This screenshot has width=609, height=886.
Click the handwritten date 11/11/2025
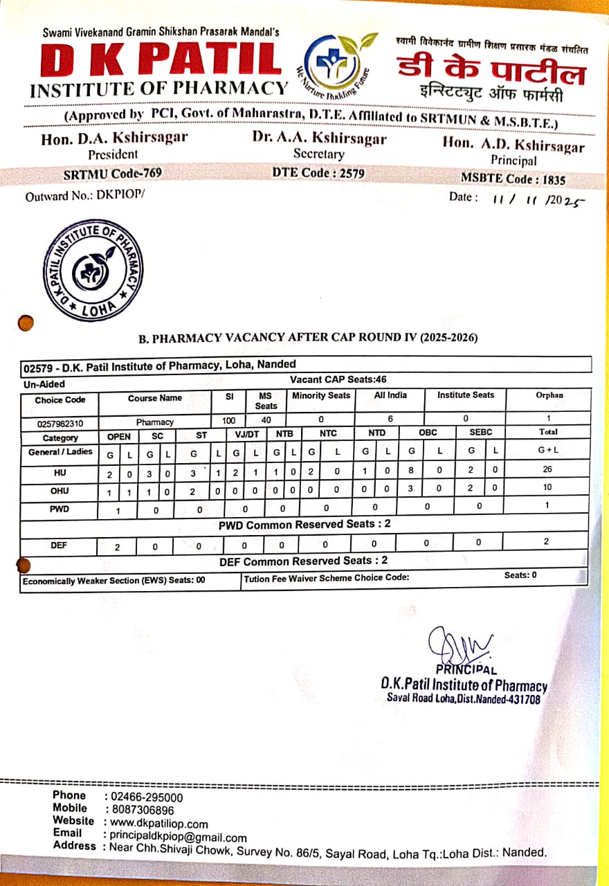coord(537,199)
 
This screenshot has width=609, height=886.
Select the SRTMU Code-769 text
coord(113,174)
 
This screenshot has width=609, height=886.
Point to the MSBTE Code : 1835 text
coord(513,179)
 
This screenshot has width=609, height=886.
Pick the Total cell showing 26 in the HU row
coord(547,470)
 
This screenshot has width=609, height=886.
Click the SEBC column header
coord(480,433)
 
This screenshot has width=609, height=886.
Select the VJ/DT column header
coord(246,434)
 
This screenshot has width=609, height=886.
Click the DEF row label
coord(59,545)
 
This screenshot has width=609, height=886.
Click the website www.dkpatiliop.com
coord(159,824)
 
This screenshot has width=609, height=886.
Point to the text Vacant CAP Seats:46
coord(338,380)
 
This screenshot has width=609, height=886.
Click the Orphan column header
coord(549,395)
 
